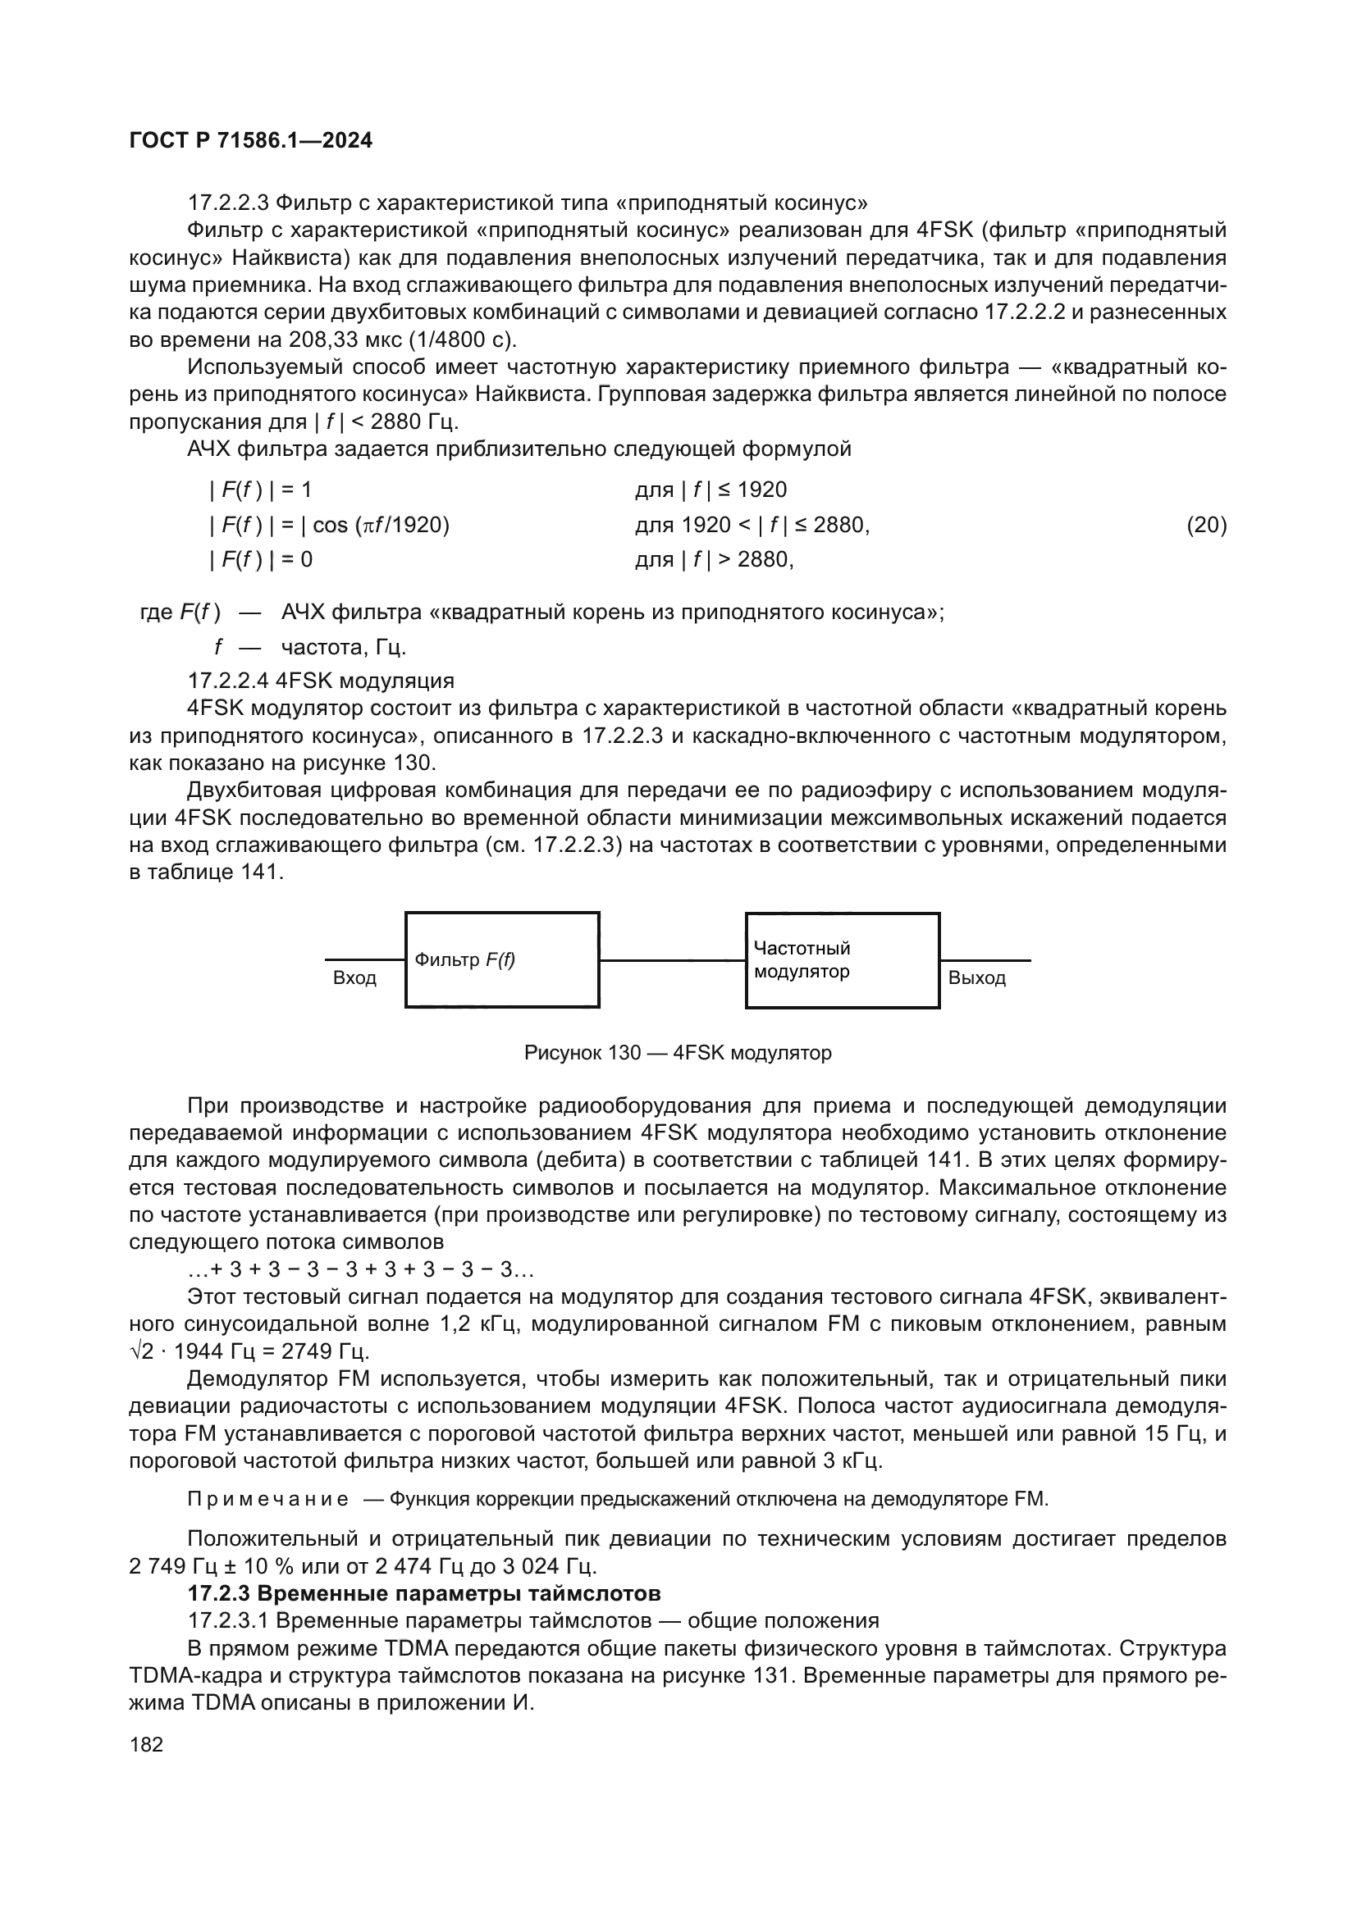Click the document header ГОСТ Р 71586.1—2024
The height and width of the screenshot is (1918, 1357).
pos(251,140)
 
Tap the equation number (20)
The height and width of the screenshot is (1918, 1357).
pos(1206,525)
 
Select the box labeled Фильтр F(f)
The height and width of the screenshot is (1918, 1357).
pos(501,960)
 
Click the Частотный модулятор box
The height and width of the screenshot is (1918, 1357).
pos(842,960)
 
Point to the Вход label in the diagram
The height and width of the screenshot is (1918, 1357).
pos(354,978)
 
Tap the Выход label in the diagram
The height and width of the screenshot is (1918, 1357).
pos(976,978)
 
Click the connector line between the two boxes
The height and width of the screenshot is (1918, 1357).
pos(672,961)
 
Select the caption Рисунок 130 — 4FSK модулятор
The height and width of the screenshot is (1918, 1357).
pos(677,1053)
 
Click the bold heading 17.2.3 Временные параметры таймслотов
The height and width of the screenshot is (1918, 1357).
pos(423,1593)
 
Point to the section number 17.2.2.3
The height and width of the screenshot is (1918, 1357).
pos(228,203)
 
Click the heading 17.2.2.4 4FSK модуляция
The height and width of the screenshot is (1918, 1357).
pos(321,681)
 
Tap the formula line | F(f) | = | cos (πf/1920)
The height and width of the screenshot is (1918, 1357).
pos(329,525)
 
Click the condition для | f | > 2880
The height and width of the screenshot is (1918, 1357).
pos(714,559)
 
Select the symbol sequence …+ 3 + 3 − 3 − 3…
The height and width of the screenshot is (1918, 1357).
pos(361,1269)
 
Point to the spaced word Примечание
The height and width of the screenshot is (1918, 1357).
pos(267,1499)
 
